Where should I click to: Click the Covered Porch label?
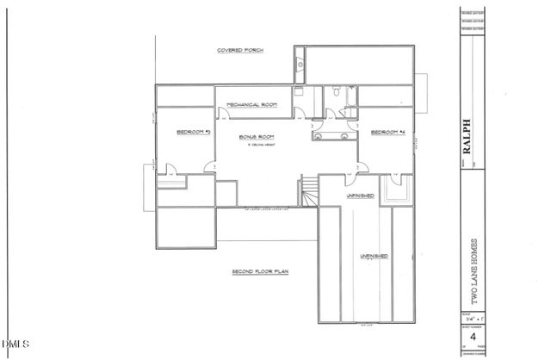pyautogui.click(x=240, y=52)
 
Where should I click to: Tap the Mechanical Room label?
pyautogui.click(x=251, y=104)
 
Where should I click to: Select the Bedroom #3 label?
pyautogui.click(x=194, y=132)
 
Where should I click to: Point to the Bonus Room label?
pyautogui.click(x=256, y=137)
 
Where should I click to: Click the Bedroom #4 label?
pyautogui.click(x=387, y=132)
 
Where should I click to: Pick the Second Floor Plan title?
pyautogui.click(x=259, y=272)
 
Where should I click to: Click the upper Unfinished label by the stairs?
pyautogui.click(x=360, y=196)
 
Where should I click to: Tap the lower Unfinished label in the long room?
pyautogui.click(x=373, y=257)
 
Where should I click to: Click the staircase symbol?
pyautogui.click(x=307, y=192)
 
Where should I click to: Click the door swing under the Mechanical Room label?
pyautogui.click(x=298, y=110)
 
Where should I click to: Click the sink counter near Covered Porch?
pyautogui.click(x=299, y=64)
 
